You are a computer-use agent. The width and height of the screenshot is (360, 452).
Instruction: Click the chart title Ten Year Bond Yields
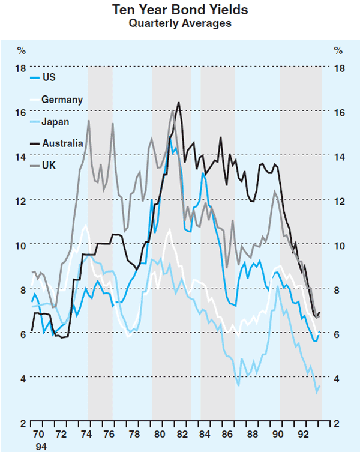pos(180,10)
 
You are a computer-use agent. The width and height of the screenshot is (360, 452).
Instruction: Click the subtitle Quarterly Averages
pos(180,23)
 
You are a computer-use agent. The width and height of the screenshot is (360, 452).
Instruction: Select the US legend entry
pos(49,77)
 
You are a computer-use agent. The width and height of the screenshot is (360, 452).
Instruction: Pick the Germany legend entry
pos(62,100)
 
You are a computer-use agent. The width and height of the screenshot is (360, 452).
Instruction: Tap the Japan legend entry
pos(55,122)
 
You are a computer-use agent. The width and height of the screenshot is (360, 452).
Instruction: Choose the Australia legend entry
pos(62,143)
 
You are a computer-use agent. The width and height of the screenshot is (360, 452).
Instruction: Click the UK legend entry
pos(49,165)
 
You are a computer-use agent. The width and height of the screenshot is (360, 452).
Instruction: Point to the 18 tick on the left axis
pos(21,68)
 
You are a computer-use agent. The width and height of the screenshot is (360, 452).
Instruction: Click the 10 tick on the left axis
pos(21,245)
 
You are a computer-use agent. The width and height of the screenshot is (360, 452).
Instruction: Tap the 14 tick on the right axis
pos(340,157)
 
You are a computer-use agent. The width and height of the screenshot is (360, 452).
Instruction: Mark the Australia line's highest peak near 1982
pos(178,103)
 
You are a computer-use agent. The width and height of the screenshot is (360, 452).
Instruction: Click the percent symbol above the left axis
pos(21,50)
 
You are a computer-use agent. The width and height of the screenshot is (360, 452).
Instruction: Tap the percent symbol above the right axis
pos(339,50)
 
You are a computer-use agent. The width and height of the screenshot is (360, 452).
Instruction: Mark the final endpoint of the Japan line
pos(320,386)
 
